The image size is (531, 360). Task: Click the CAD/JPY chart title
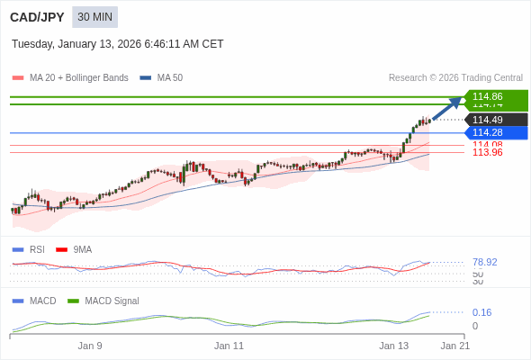point(37,17)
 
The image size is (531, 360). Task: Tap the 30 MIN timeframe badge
point(94,17)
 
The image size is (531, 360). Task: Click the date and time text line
point(117,44)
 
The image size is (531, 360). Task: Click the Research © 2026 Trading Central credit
point(455,78)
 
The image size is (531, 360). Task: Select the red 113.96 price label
point(487,153)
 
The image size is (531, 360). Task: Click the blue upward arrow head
point(456,101)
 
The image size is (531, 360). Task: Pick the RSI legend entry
point(36,250)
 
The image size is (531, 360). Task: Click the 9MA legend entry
point(82,250)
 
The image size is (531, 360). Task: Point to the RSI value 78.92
point(484,263)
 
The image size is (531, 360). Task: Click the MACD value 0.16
point(481,313)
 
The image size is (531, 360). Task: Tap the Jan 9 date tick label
point(90,346)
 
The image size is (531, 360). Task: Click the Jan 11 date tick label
point(229,346)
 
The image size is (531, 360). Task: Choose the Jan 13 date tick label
point(393,346)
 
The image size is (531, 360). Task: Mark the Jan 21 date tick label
point(454,346)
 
